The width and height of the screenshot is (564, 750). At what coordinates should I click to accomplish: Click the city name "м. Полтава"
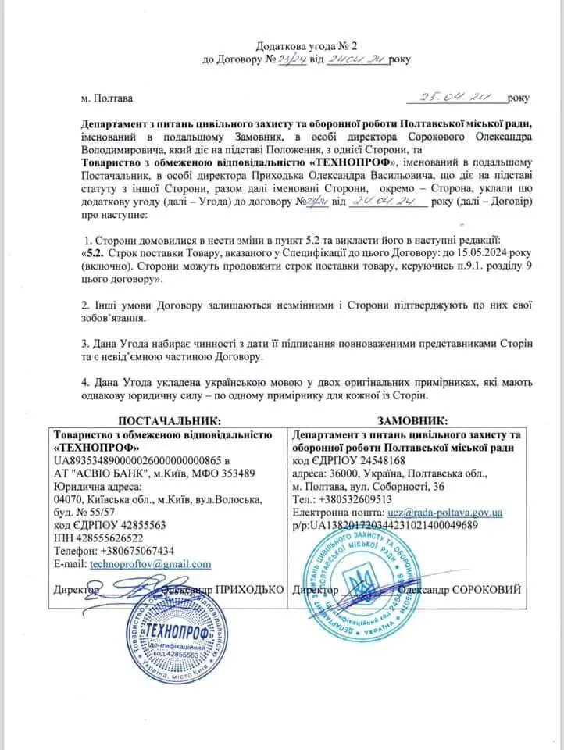coord(107,99)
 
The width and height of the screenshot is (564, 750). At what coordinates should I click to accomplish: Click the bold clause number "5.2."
coord(94,252)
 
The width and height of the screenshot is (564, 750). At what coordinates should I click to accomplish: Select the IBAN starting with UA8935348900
coord(137,460)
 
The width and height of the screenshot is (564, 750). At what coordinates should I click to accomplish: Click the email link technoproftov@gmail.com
coord(151,564)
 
